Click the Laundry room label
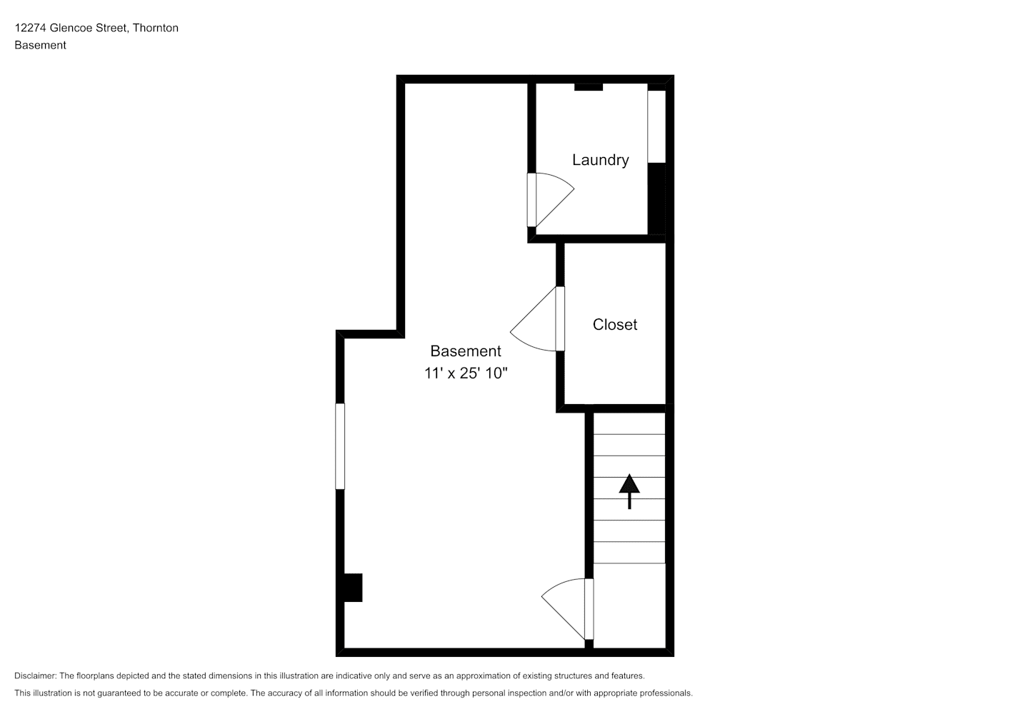coord(600,159)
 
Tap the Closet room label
coord(614,324)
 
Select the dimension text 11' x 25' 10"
coord(466,373)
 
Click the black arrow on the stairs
coord(629,491)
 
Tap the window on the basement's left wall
coord(340,446)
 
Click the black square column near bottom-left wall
coord(353,588)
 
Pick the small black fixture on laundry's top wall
coord(589,87)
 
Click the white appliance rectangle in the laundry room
coord(656,126)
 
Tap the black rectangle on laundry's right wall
coord(656,198)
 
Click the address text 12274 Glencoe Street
coord(72,28)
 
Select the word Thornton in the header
coord(156,28)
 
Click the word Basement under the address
coord(40,45)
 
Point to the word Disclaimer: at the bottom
coord(36,675)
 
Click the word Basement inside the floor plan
coord(466,351)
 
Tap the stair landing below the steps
coord(629,605)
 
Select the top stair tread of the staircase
coord(629,423)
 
